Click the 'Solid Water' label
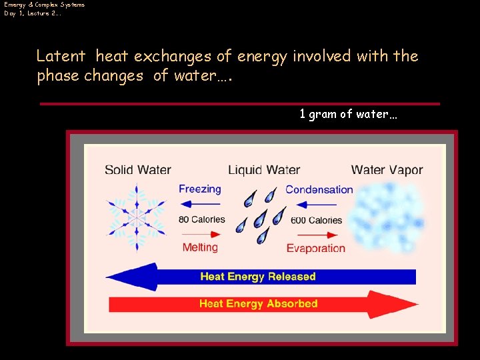pyautogui.click(x=138, y=170)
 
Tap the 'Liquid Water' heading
pyautogui.click(x=264, y=170)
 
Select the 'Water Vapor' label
pyautogui.click(x=387, y=170)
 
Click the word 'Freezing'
pyautogui.click(x=199, y=189)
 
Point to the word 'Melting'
pyautogui.click(x=200, y=247)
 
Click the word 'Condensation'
pyautogui.click(x=319, y=189)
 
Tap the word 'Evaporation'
pyautogui.click(x=315, y=248)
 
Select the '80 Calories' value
pyautogui.click(x=201, y=219)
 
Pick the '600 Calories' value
pyautogui.click(x=316, y=220)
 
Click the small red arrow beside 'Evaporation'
pyautogui.click(x=315, y=234)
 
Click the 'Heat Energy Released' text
pyautogui.click(x=257, y=276)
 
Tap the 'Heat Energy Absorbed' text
pyautogui.click(x=258, y=303)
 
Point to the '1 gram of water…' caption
pyautogui.click(x=348, y=114)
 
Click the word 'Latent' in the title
pyautogui.click(x=61, y=56)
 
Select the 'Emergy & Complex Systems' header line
pyautogui.click(x=45, y=5)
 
